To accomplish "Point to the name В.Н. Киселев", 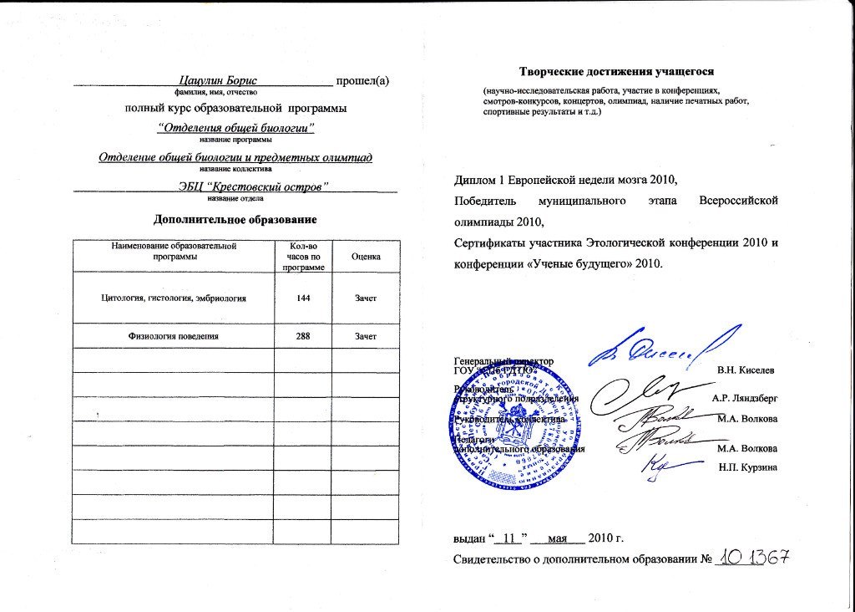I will click(746, 369).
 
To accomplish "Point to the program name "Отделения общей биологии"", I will click(236, 128).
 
